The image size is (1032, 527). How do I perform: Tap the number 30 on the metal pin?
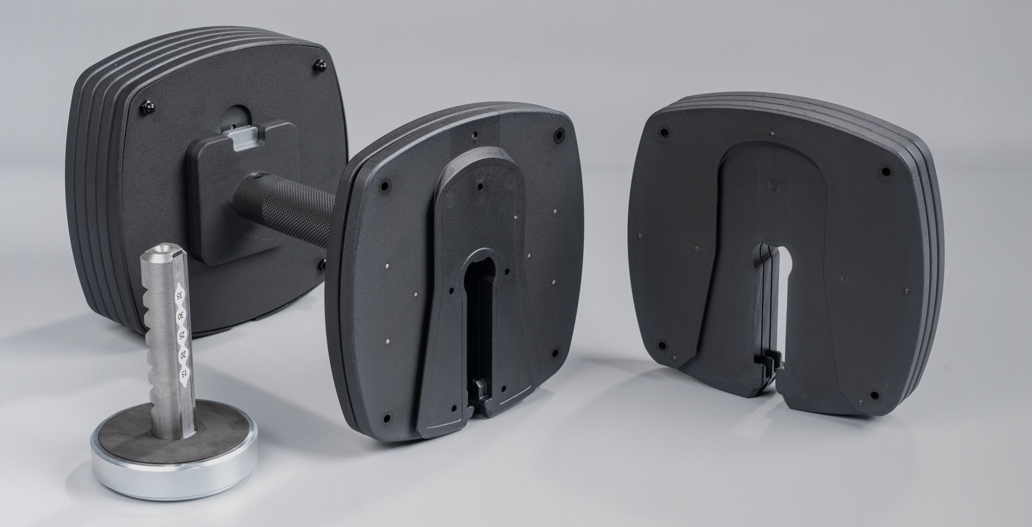[x=182, y=315]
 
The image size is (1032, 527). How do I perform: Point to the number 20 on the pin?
[x=184, y=355]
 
